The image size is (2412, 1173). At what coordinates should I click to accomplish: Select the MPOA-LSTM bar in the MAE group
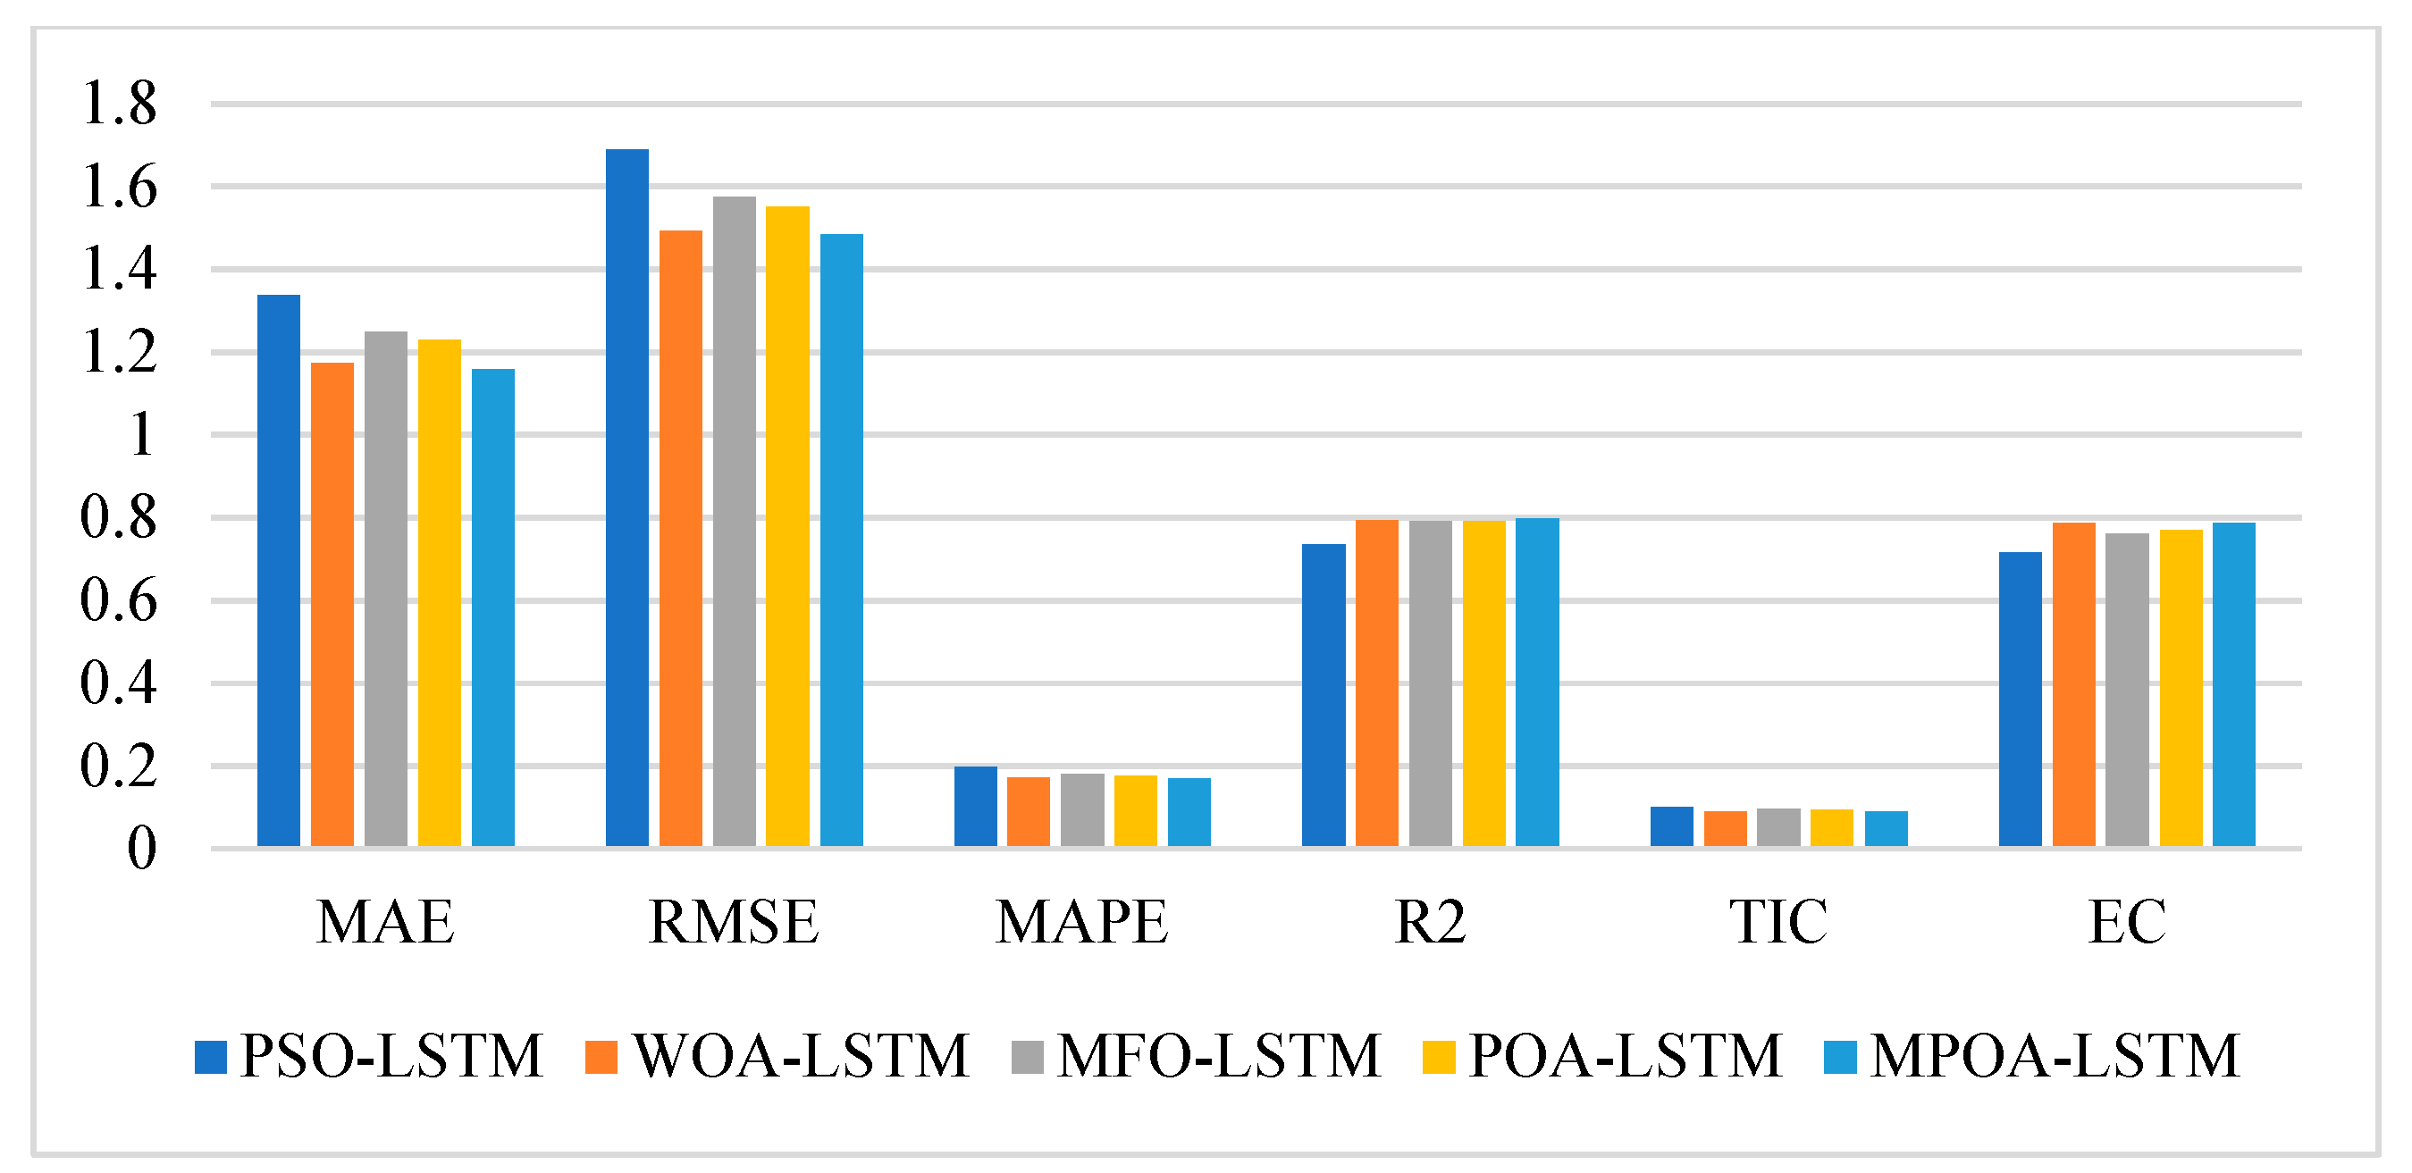tap(492, 607)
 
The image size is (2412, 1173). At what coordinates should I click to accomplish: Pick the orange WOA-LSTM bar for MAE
tap(332, 604)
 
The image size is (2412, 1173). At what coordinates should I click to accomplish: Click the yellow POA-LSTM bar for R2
tap(1484, 683)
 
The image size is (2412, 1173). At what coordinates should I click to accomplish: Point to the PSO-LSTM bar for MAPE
tap(976, 806)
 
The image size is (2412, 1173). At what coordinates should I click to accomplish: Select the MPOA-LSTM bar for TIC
tap(1886, 828)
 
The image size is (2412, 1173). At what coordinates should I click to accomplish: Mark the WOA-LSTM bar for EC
tap(2074, 684)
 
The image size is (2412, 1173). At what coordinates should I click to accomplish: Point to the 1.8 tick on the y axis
tap(119, 103)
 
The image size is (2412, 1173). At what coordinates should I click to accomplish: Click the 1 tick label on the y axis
tap(141, 435)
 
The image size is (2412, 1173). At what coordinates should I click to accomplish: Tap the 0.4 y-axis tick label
tap(119, 683)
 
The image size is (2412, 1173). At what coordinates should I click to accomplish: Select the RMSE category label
tap(733, 922)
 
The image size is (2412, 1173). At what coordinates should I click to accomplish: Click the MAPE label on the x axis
tap(1081, 922)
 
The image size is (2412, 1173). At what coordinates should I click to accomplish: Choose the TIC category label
tap(1777, 922)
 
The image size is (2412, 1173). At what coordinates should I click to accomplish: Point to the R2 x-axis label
tap(1430, 922)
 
